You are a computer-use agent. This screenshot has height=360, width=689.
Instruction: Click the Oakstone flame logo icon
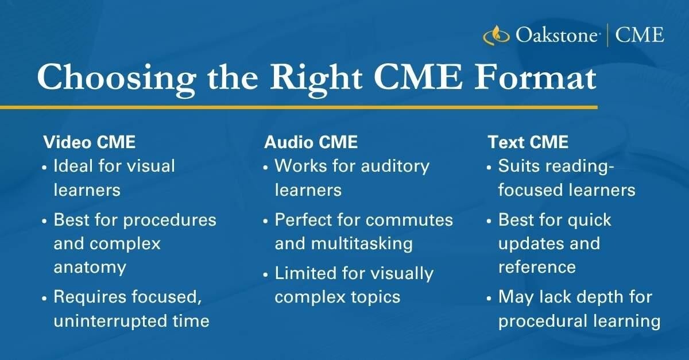pos(496,35)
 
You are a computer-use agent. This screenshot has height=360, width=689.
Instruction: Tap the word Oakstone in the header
pos(557,35)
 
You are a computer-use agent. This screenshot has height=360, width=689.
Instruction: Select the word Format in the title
pos(536,77)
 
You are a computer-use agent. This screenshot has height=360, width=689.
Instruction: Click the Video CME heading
pos(90,142)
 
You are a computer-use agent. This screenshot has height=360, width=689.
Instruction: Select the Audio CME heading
pos(311,142)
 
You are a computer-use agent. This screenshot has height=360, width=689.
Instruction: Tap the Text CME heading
pos(528,142)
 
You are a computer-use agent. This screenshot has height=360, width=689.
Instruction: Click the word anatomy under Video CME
pos(90,268)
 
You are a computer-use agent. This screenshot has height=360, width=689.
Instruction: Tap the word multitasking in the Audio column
pos(362,244)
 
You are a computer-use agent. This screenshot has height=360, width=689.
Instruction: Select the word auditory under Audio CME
pos(395,167)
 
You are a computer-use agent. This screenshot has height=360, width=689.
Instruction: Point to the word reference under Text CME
pos(537,267)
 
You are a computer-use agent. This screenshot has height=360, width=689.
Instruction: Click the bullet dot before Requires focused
pos(45,299)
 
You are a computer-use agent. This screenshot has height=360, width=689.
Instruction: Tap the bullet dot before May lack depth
pos(489,299)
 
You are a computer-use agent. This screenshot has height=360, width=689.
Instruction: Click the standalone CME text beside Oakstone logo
pos(640,35)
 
